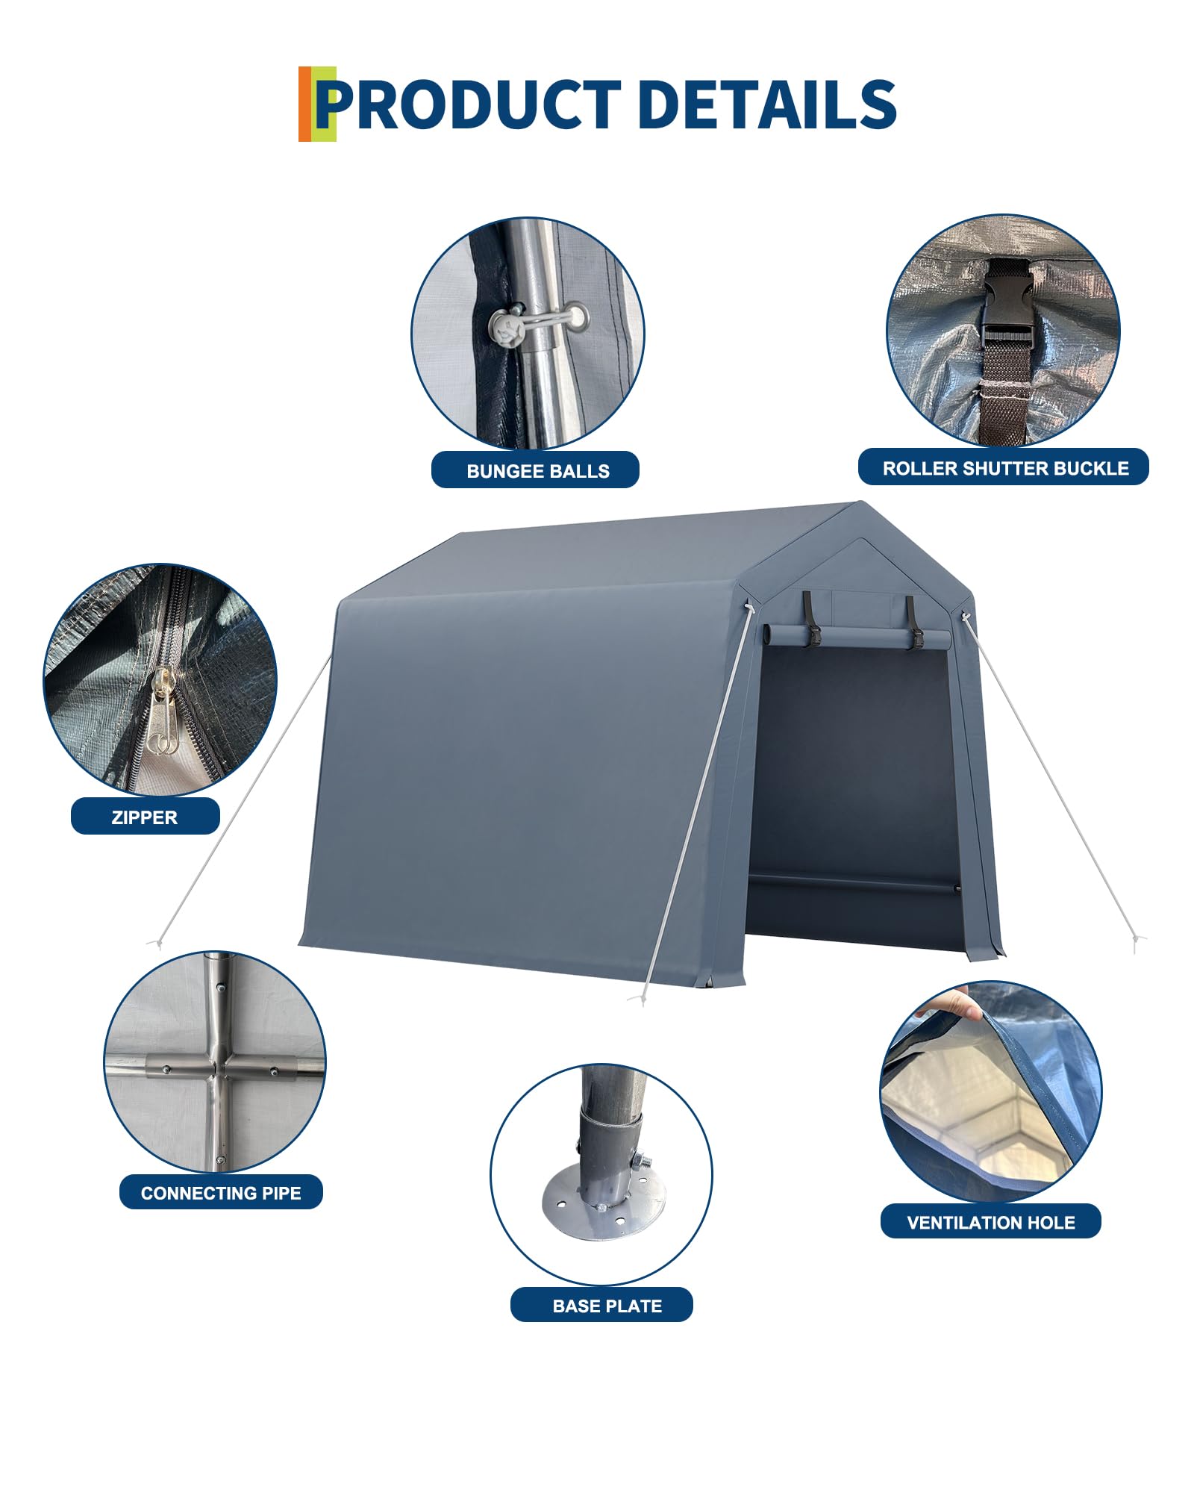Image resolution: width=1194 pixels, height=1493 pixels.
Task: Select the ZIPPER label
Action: (145, 817)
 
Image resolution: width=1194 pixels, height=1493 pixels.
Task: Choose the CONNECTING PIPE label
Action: (221, 1192)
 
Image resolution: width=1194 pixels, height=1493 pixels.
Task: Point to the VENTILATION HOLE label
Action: (991, 1222)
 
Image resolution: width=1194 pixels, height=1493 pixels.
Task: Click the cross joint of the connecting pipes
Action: (218, 1066)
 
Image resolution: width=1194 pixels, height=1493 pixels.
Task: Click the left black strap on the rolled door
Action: (811, 620)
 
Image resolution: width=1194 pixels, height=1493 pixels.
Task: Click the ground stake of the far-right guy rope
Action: (1136, 942)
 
